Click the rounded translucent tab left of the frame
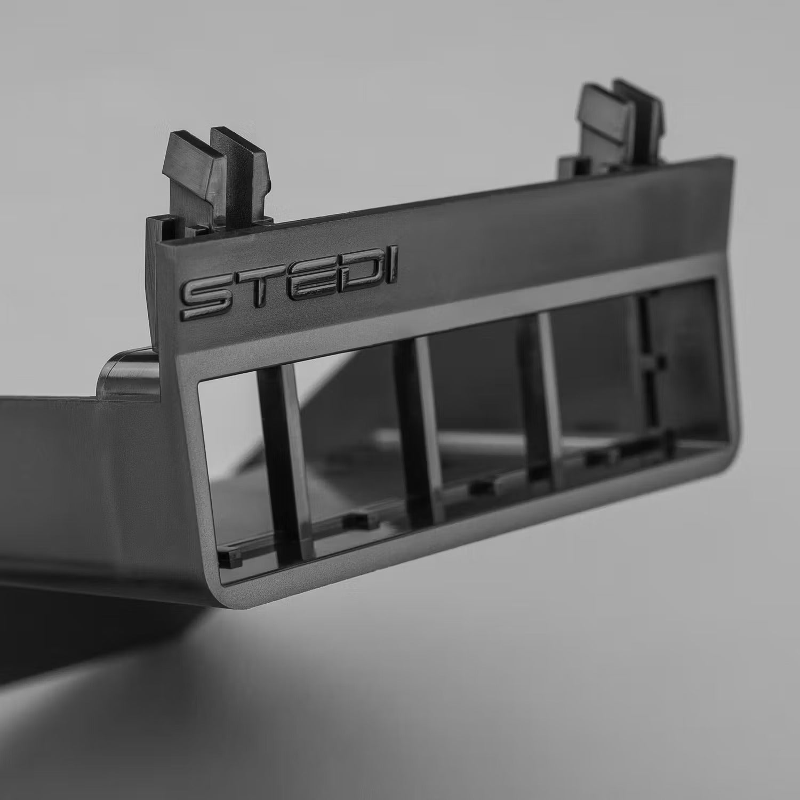point(128,373)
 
